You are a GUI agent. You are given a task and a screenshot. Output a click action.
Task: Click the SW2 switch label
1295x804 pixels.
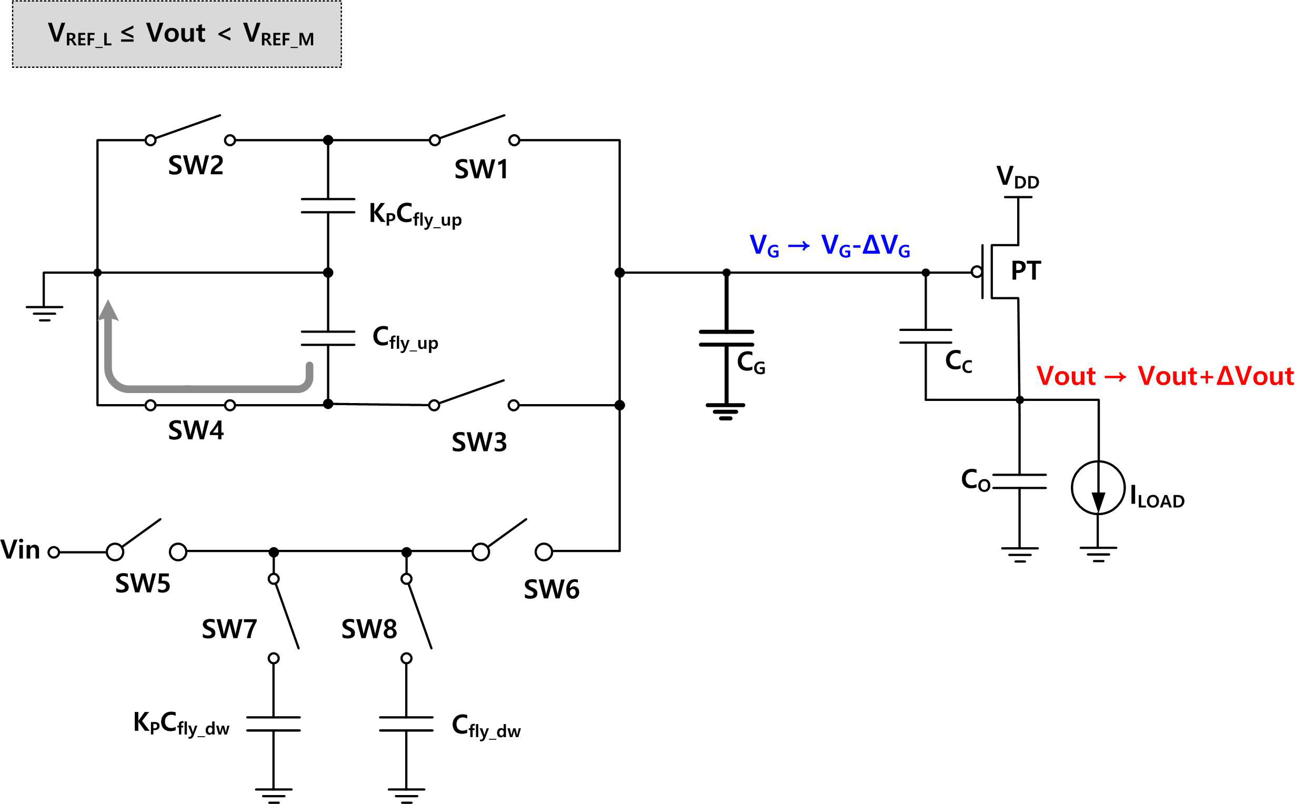pyautogui.click(x=196, y=165)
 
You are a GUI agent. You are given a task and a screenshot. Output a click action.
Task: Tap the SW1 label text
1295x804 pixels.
pyautogui.click(x=481, y=169)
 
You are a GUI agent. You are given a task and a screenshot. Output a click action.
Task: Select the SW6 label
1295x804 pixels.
pyautogui.click(x=551, y=590)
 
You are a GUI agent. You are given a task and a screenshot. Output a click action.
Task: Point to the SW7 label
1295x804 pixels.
pyautogui.click(x=229, y=630)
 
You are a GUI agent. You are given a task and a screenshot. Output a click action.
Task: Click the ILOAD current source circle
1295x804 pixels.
pyautogui.click(x=1098, y=488)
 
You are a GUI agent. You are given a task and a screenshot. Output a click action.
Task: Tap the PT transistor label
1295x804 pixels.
pyautogui.click(x=1026, y=270)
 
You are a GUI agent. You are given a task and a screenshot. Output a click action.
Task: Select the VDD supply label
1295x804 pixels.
pyautogui.click(x=1018, y=177)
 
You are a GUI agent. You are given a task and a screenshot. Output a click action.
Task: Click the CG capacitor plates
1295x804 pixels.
pyautogui.click(x=726, y=338)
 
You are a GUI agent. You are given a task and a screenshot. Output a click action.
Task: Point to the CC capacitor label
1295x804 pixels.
pyautogui.click(x=959, y=361)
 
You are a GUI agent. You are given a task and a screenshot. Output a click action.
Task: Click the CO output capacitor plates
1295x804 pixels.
pyautogui.click(x=1019, y=481)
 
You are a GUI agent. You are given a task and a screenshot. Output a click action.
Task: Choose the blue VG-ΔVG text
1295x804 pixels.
pyautogui.click(x=866, y=246)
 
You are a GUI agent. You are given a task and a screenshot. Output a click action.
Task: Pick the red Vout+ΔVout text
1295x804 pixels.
pyautogui.click(x=1215, y=376)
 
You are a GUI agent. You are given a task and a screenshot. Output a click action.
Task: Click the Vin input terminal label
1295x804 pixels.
pyautogui.click(x=20, y=550)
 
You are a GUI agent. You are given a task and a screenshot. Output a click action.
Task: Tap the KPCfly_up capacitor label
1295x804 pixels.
pyautogui.click(x=415, y=215)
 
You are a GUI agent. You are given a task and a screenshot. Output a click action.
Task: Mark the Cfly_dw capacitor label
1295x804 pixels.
pyautogui.click(x=486, y=726)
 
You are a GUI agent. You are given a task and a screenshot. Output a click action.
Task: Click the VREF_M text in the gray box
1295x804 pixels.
pyautogui.click(x=278, y=35)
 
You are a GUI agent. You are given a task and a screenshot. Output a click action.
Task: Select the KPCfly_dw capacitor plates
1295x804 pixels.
pyautogui.click(x=273, y=723)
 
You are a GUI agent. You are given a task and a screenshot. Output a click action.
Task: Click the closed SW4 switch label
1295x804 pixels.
pyautogui.click(x=196, y=430)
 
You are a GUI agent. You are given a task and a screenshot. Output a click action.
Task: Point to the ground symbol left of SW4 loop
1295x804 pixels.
pyautogui.click(x=44, y=314)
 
